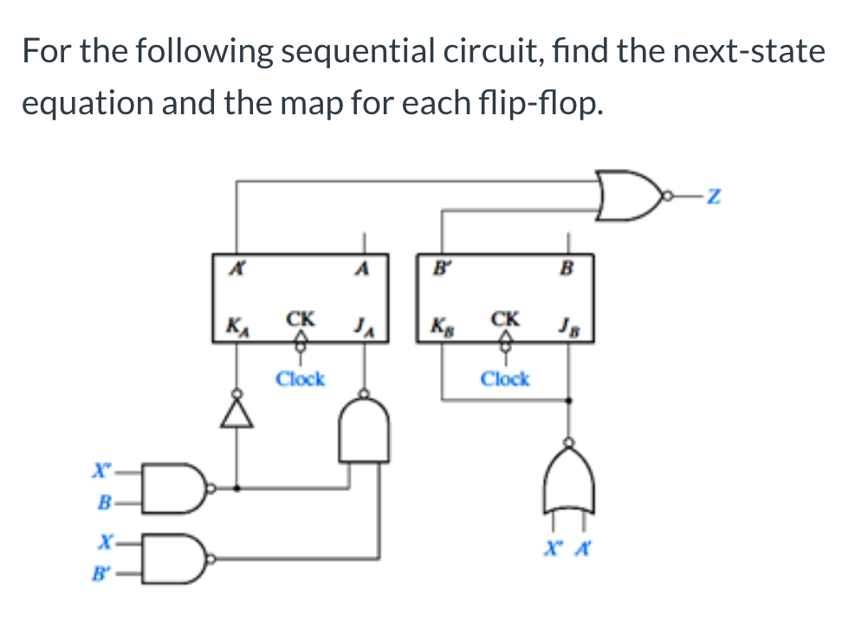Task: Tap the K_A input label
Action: point(234,327)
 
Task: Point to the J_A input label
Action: point(363,326)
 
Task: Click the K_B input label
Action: point(440,327)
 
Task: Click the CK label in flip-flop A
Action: point(300,319)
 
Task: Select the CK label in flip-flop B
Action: point(505,319)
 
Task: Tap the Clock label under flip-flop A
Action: point(300,378)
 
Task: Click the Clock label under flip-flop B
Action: point(505,378)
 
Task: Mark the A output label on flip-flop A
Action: point(363,267)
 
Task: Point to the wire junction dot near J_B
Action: point(569,401)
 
